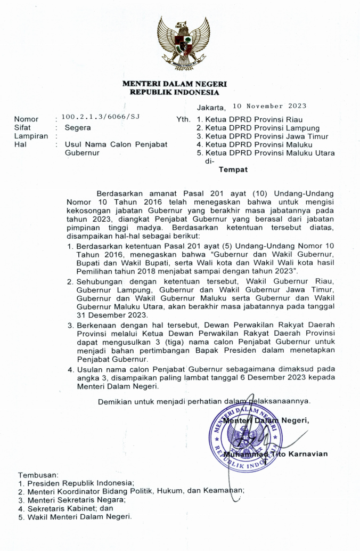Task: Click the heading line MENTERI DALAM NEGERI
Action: coord(175,84)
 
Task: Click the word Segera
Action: coord(78,128)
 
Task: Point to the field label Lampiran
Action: coord(31,136)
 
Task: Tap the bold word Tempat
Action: coord(234,171)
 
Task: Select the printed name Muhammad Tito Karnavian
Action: coord(276,454)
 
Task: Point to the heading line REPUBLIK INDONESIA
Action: coord(175,92)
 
